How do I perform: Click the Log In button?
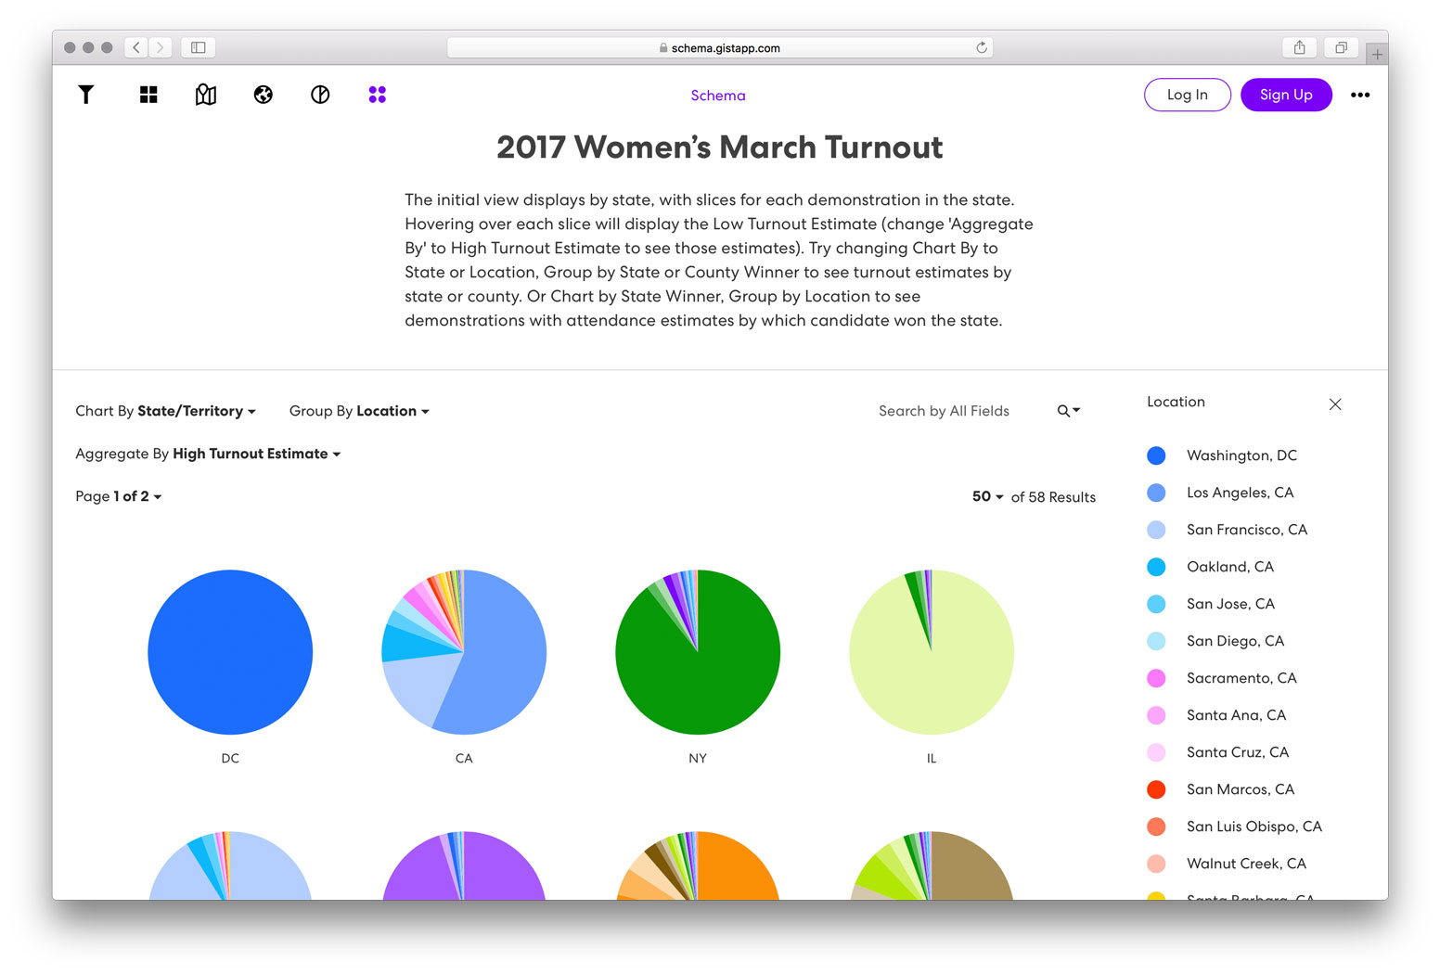1187,95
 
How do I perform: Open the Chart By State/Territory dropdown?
165,411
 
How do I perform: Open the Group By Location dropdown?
359,411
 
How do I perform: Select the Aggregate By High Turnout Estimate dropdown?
208,454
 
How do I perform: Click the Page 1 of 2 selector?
119,496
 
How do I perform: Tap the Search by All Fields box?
944,411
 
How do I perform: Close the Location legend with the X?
1335,404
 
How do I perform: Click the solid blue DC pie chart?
230,652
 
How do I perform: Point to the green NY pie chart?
698,652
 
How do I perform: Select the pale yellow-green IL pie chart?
932,652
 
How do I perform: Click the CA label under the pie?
464,758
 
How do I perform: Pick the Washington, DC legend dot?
1156,455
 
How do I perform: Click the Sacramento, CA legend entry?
1241,678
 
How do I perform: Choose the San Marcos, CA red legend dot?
1156,789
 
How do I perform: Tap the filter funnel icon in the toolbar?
86,95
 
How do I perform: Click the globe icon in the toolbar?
264,95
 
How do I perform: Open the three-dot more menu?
1360,95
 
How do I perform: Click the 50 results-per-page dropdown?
987,496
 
